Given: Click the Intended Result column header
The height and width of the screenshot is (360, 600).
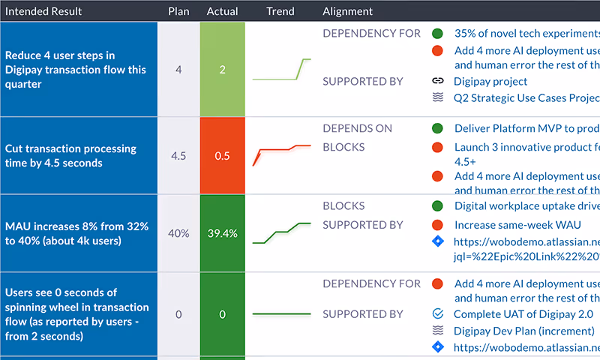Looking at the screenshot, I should [x=43, y=11].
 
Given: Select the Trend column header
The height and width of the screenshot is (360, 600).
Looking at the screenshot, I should [x=280, y=11].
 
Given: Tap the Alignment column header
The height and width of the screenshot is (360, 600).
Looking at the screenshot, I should [x=347, y=11].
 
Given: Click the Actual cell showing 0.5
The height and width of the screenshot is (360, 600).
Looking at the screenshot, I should [x=222, y=156].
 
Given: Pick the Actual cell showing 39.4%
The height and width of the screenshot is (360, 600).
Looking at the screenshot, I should [x=222, y=233].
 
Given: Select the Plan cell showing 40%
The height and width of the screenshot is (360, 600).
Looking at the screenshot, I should [x=178, y=233].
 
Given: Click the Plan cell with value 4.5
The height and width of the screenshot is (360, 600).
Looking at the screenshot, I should [x=178, y=156].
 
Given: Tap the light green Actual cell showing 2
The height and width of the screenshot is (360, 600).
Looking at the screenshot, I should [x=222, y=70].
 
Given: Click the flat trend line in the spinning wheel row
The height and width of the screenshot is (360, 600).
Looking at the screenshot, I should [x=282, y=313].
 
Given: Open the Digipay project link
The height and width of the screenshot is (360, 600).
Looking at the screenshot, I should [x=490, y=81].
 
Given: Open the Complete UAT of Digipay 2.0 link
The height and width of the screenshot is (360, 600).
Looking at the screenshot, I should [x=523, y=314].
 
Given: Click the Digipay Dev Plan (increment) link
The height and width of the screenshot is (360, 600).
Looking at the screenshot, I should [x=523, y=331].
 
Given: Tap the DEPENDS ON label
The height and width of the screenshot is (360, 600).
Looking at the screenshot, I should [x=357, y=128].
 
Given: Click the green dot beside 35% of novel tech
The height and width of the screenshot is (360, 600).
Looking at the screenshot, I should [x=438, y=34].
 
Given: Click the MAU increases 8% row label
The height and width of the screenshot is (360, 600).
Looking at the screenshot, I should [x=76, y=233].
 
